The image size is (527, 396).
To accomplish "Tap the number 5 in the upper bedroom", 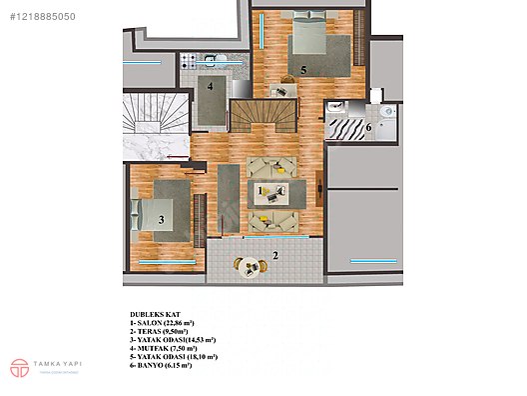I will tap(303, 70).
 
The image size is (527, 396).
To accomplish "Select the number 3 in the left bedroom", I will tap(161, 219).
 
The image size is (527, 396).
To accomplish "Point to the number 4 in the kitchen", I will tap(211, 86).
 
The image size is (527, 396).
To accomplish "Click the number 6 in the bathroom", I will tap(367, 127).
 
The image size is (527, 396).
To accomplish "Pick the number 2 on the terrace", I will tap(275, 256).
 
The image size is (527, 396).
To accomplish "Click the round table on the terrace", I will tap(242, 265).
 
